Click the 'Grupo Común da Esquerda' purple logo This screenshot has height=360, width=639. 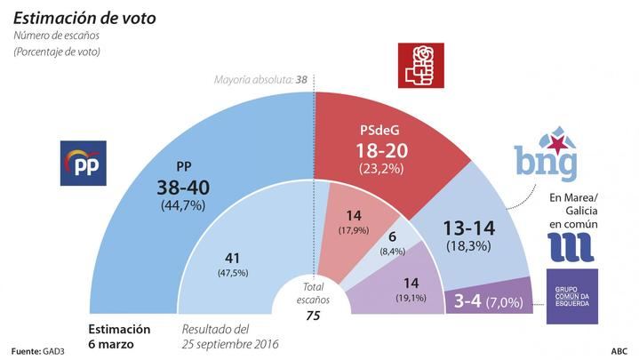572,296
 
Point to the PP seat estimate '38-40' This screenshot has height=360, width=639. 183,188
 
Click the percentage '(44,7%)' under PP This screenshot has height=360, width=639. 183,206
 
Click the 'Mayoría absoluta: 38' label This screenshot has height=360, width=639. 260,79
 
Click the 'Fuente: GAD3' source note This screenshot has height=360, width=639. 41,350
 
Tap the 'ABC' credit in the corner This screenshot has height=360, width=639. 619,350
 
